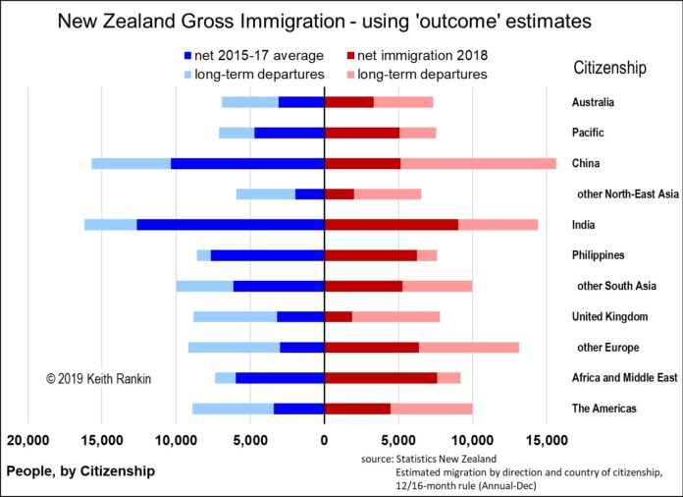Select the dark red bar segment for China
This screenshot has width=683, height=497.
tap(362, 163)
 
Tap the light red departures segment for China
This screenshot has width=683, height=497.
tap(478, 163)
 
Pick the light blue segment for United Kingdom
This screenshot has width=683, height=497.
tap(235, 316)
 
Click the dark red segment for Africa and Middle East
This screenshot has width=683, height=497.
tap(381, 377)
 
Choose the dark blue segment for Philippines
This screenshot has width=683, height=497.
tap(267, 255)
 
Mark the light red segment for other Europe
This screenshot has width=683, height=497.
tap(469, 347)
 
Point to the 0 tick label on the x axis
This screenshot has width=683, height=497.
tap(324, 439)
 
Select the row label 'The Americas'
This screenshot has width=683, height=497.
tap(604, 408)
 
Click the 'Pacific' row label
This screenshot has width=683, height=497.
tap(588, 133)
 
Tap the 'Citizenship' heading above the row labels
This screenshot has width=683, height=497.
tap(610, 67)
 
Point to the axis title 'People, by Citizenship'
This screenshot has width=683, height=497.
tap(80, 471)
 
